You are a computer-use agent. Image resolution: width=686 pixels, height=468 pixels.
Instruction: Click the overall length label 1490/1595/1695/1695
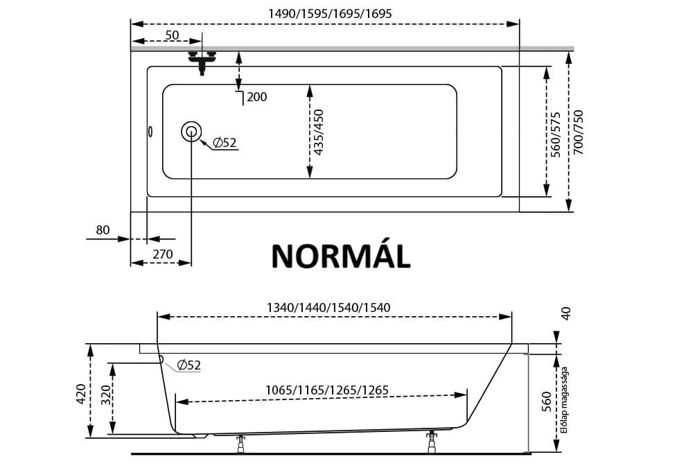point(330,14)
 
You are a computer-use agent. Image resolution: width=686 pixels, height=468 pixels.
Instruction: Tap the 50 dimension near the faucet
point(173,35)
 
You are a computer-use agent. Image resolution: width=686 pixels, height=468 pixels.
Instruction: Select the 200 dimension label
point(257,97)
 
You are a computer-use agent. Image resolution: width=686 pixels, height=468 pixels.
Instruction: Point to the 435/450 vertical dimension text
point(319,132)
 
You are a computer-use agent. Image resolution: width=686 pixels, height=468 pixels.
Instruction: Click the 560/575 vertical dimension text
point(555,135)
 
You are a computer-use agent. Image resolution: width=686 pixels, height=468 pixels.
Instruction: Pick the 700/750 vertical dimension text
point(579,132)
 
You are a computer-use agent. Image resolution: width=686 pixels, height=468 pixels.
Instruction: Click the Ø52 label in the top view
point(225,142)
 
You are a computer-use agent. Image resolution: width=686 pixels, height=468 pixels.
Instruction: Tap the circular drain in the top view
point(191,131)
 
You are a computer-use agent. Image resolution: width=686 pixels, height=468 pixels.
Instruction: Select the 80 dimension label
point(103,230)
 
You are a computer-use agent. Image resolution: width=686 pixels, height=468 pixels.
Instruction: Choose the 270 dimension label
point(163,254)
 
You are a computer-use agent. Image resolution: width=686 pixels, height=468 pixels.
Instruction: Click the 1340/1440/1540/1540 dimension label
point(328,308)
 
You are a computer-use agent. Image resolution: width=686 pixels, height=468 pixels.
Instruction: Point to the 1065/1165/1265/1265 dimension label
point(327,390)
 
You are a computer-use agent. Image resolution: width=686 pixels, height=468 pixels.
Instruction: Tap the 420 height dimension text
point(81,394)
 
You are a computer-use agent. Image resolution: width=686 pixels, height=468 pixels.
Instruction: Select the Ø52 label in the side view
point(189,365)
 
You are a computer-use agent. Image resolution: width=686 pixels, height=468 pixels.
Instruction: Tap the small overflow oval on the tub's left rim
point(150,131)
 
